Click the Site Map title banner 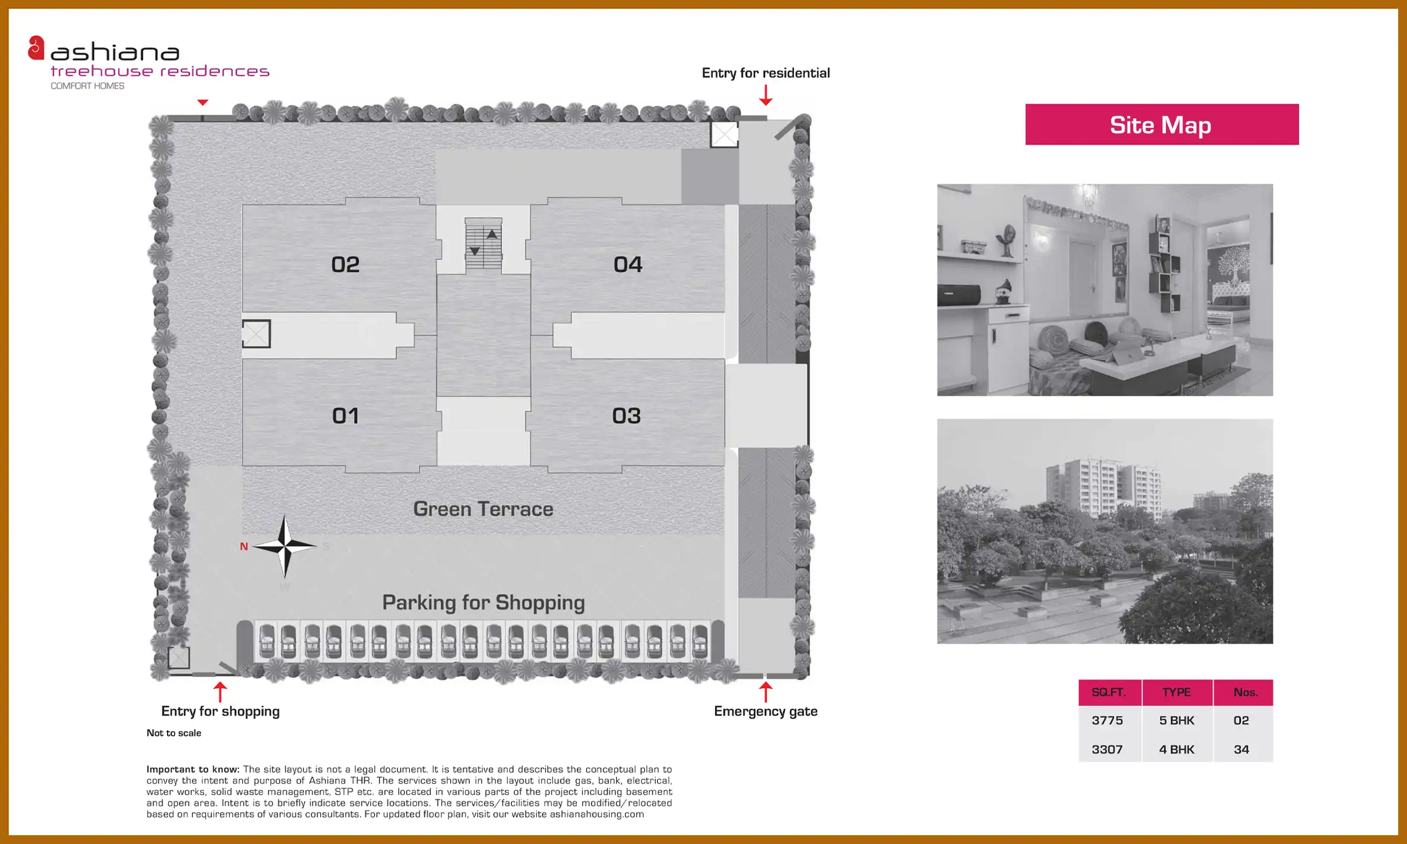(1162, 124)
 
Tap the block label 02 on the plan (345, 264)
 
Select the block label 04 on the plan (628, 264)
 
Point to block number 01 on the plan (345, 416)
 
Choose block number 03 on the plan (627, 416)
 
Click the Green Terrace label (483, 509)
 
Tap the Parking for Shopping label (484, 603)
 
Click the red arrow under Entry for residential (766, 95)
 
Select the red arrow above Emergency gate (766, 692)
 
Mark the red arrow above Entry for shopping (220, 692)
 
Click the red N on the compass (244, 546)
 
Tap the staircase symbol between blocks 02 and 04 (484, 244)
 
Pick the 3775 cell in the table (1107, 720)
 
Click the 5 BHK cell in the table (1177, 720)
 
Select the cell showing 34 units (1241, 749)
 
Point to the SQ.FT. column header (1109, 692)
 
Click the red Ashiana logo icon (36, 48)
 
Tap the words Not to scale (174, 733)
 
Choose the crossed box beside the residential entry (724, 134)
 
